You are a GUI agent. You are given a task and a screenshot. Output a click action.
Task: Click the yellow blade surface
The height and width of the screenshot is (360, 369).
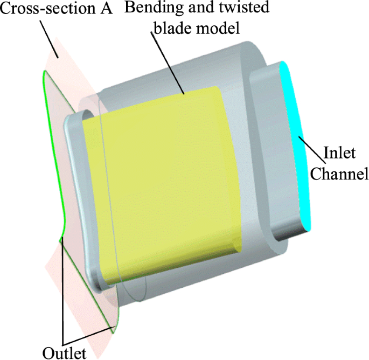pyautogui.click(x=162, y=178)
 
